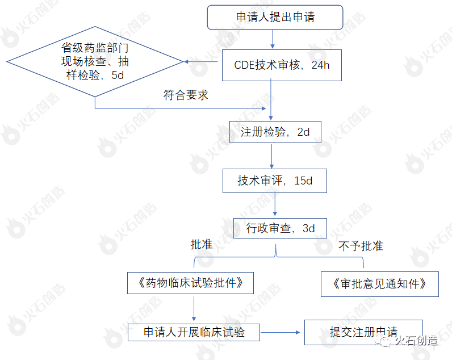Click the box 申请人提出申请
click(x=275, y=17)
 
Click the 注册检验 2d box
click(x=275, y=132)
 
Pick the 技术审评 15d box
click(x=275, y=181)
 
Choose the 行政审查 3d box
click(x=281, y=228)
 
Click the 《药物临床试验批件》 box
click(x=190, y=283)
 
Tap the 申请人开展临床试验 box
click(x=194, y=332)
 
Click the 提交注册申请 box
click(x=363, y=332)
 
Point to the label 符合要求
click(x=186, y=95)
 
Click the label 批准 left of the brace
click(x=201, y=244)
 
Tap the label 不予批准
click(x=361, y=246)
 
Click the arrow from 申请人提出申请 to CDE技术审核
click(x=273, y=39)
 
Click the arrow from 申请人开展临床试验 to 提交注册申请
click(x=282, y=332)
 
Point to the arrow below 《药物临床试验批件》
click(x=194, y=308)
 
